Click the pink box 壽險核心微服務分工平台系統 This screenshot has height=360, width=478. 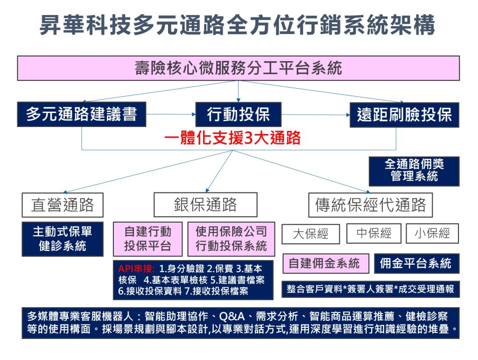(x=239, y=68)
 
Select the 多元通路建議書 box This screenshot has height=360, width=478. (x=82, y=114)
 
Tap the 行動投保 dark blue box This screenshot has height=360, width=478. (x=239, y=114)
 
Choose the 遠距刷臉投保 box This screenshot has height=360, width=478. (x=404, y=115)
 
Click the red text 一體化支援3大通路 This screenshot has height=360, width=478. (x=232, y=138)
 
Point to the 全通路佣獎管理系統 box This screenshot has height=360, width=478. (x=414, y=171)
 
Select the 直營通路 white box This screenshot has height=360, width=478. (x=63, y=205)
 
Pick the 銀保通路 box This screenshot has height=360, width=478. (x=205, y=205)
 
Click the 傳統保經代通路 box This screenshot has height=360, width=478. (x=370, y=205)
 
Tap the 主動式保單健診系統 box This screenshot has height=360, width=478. (x=63, y=239)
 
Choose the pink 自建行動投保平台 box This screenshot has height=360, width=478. (x=148, y=239)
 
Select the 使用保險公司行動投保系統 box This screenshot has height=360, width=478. (x=231, y=239)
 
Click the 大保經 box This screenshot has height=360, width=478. (x=310, y=234)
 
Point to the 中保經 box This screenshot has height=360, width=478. (x=374, y=233)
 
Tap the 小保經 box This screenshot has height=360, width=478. (x=432, y=233)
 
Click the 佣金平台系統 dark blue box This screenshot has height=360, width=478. (x=416, y=263)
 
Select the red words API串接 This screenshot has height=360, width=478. (x=136, y=268)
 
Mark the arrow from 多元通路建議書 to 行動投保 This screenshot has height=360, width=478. (x=171, y=114)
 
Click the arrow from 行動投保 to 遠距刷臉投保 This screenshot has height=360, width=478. (x=316, y=115)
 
